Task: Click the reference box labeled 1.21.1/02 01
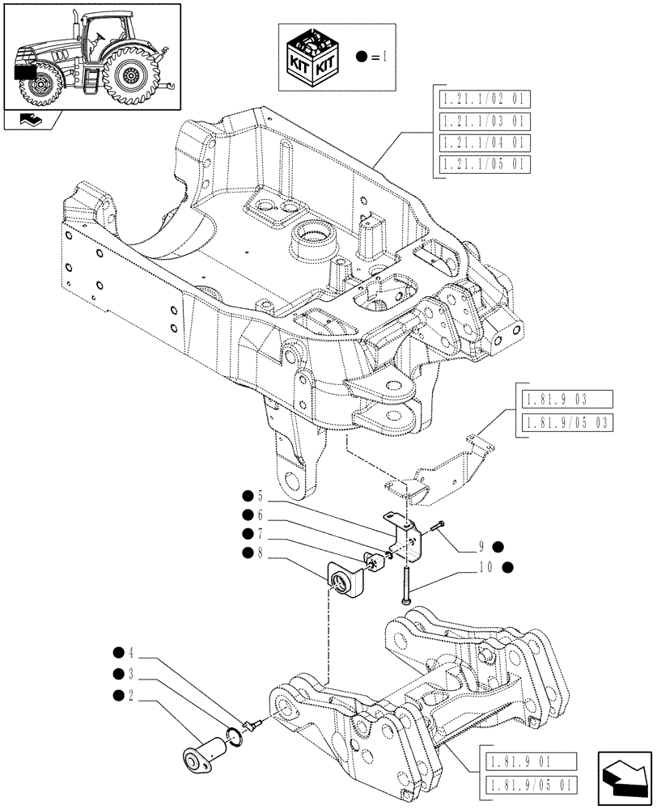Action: (484, 100)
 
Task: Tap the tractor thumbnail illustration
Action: (90, 57)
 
